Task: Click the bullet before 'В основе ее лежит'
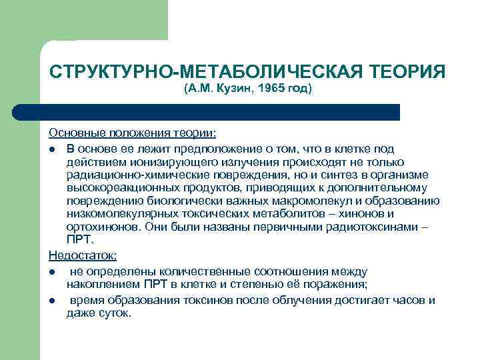(x=53, y=148)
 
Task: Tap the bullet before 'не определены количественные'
(x=53, y=272)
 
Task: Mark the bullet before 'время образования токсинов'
(x=53, y=300)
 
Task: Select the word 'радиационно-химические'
(x=124, y=175)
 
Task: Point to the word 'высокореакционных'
(x=116, y=188)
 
